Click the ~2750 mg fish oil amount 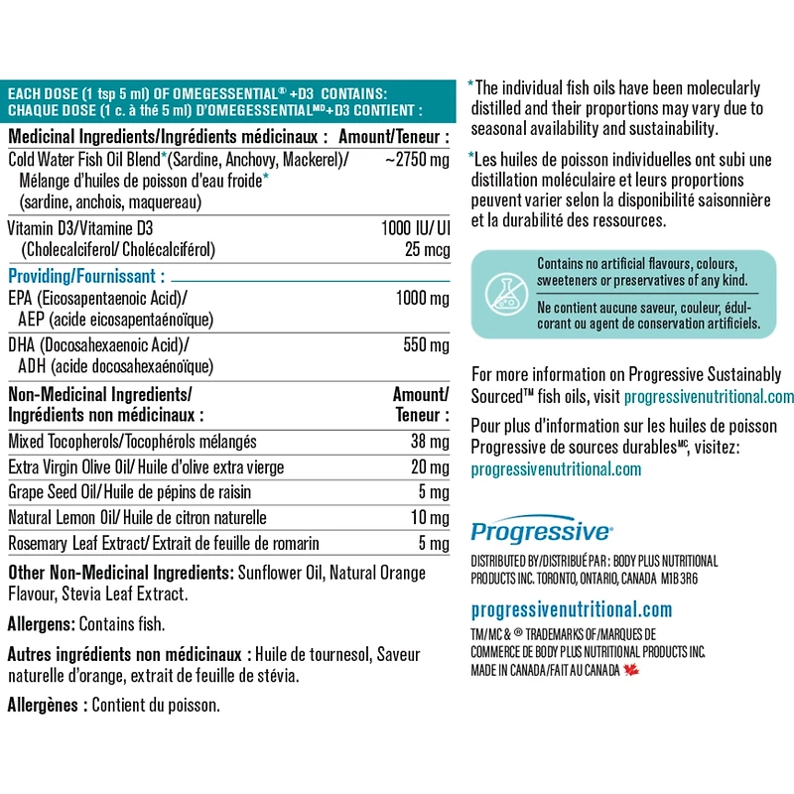click(x=418, y=161)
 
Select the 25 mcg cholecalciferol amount click(x=427, y=249)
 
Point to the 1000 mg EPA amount click(x=422, y=299)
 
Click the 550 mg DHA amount click(x=427, y=345)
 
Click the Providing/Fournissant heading click(x=86, y=276)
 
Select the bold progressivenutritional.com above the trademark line click(x=571, y=609)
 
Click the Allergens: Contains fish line click(x=85, y=624)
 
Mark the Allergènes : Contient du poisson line click(x=113, y=706)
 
